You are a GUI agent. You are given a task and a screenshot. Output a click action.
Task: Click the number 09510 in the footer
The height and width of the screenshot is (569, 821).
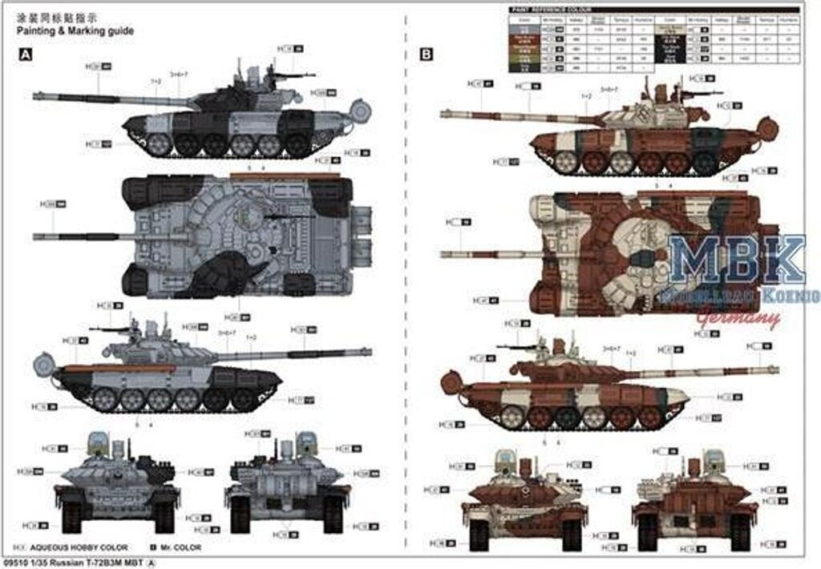pos(15,563)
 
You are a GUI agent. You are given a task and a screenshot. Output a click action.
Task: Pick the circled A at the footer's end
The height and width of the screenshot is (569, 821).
pos(155,563)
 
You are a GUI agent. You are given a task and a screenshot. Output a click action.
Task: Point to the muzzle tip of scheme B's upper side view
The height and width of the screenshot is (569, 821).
pos(443,114)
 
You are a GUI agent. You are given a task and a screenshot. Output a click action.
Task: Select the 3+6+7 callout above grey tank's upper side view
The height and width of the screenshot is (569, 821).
pos(180,75)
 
